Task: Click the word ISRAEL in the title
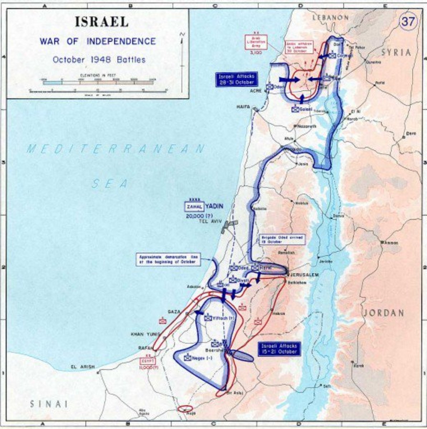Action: [101, 22]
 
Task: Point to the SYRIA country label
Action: [396, 53]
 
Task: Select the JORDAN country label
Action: [384, 313]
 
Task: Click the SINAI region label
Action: [49, 404]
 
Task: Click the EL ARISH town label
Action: [83, 367]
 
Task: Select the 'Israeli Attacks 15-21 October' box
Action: [279, 349]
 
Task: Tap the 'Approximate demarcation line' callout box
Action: [168, 259]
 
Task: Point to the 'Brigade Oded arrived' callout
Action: [281, 240]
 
